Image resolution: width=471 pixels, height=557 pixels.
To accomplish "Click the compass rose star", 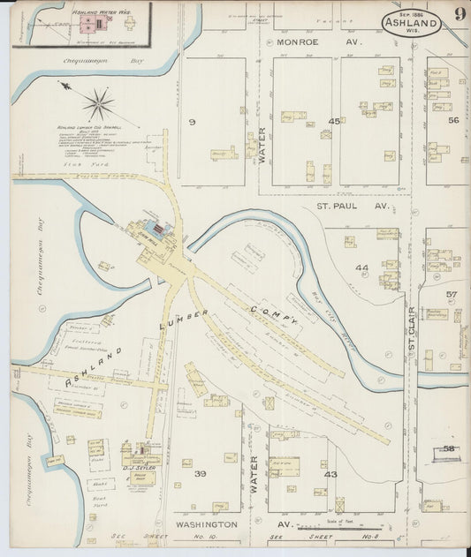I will coord(98,104).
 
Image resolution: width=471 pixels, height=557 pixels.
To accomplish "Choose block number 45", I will coord(334,121).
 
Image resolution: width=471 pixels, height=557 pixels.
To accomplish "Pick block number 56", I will coord(454,121).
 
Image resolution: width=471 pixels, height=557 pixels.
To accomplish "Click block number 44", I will coord(361,267).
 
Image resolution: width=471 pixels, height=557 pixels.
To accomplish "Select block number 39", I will coord(201,474).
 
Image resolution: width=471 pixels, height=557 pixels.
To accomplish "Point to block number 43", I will coord(330,475).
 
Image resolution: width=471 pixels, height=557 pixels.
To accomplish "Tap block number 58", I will coord(451,449).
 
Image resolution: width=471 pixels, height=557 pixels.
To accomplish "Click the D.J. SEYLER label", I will coord(139,466).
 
